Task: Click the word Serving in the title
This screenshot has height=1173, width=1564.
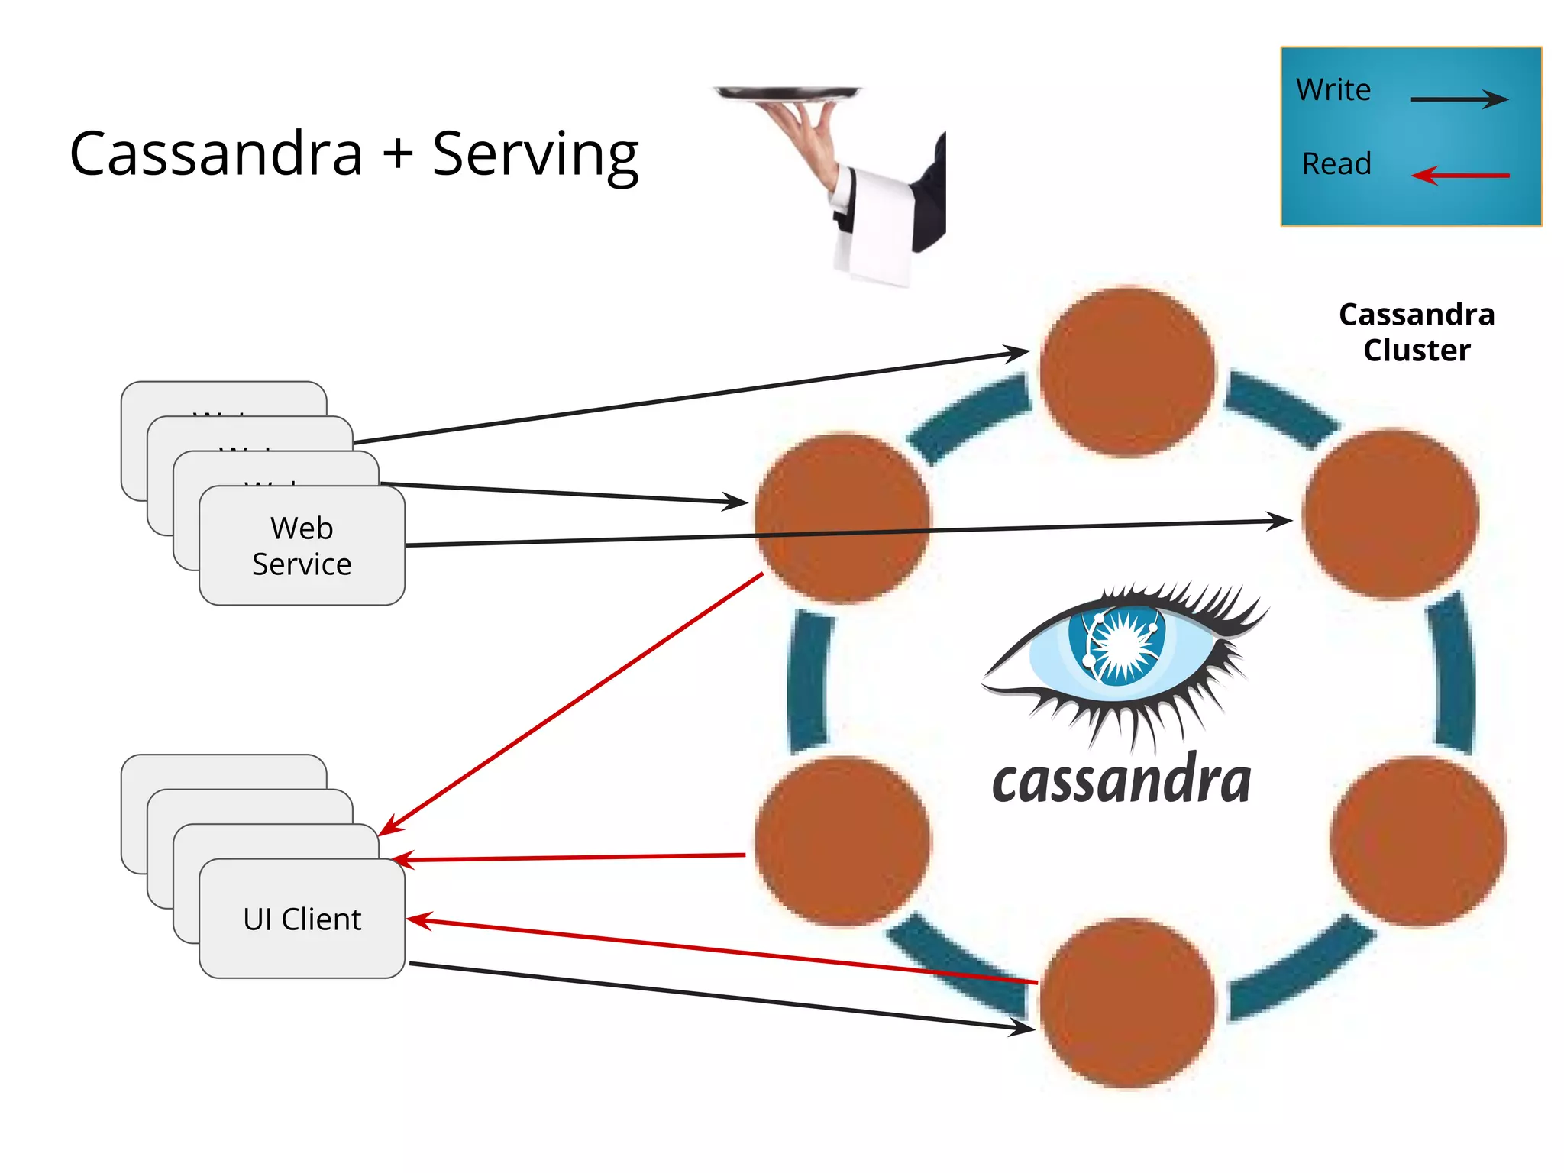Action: tap(535, 154)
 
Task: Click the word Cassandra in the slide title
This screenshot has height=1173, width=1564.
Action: tap(216, 154)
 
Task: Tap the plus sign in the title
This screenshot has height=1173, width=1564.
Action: tap(398, 153)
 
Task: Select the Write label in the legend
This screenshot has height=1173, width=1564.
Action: tap(1333, 90)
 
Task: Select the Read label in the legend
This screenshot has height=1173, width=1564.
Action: tap(1336, 163)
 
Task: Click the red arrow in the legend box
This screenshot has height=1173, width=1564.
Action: tap(1459, 176)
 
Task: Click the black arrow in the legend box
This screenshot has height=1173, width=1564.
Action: tap(1458, 99)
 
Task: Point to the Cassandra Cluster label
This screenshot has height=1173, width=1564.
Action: tap(1417, 332)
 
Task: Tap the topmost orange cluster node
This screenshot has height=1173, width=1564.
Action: tap(1127, 372)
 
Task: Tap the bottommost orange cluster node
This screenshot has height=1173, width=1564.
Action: tap(1127, 1003)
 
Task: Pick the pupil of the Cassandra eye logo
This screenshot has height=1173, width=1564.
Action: tap(1120, 645)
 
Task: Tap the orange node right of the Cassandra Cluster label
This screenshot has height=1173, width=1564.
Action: tap(1391, 514)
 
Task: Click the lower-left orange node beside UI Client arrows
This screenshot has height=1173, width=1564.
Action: tap(842, 842)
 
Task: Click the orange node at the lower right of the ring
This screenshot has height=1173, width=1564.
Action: tap(1417, 842)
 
